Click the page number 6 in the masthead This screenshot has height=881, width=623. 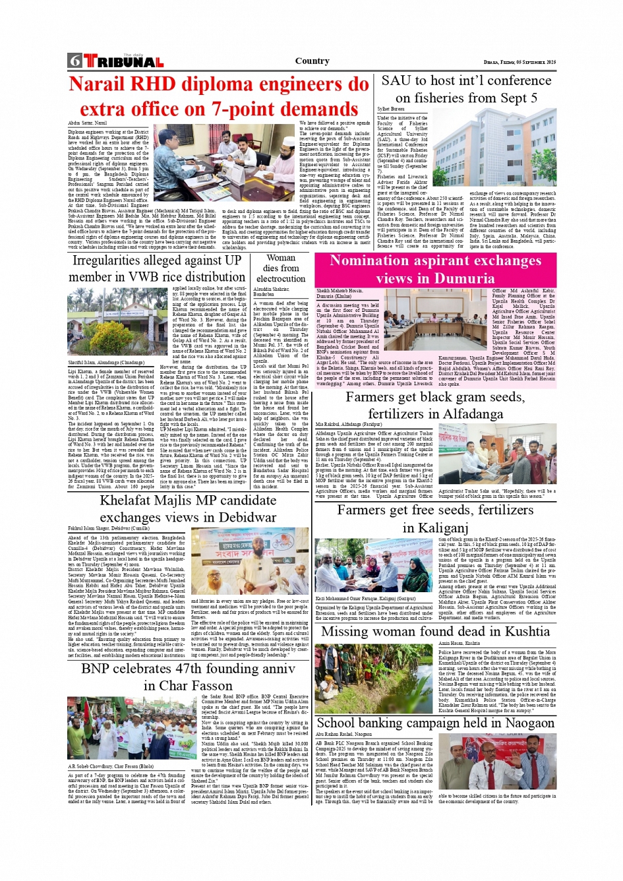[x=74, y=61]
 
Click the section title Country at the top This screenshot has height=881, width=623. [x=312, y=61]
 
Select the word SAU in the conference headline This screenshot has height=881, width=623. [x=396, y=81]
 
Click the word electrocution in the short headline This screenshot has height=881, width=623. [x=281, y=278]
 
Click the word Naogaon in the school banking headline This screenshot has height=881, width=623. [x=522, y=723]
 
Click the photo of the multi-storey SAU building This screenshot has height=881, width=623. [x=512, y=148]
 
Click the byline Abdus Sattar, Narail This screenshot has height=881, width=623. [x=87, y=123]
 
